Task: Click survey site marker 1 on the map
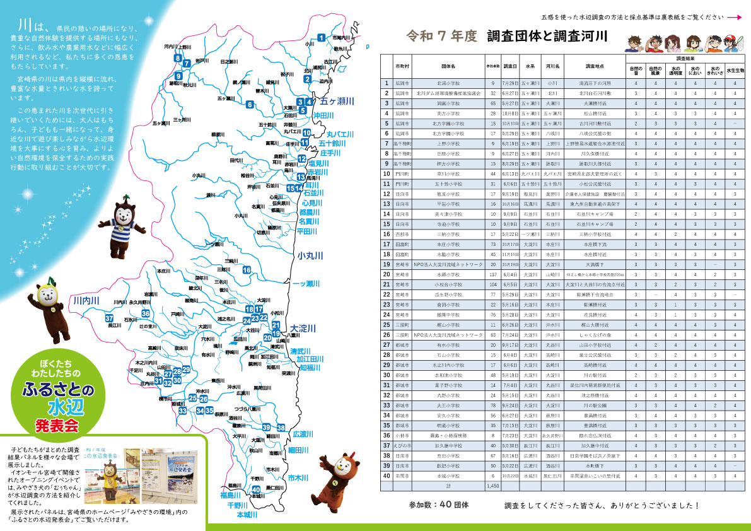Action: coord(322,37)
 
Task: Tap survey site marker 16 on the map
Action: coord(247,270)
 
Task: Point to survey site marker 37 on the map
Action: coord(110,318)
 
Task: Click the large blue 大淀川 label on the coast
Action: coord(302,328)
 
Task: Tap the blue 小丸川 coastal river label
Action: coord(310,255)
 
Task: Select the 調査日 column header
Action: coord(510,66)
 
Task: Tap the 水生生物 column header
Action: coord(735,70)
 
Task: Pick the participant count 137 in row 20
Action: coord(492,274)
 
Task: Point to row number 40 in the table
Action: coord(387,476)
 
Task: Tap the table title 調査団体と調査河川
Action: coord(547,36)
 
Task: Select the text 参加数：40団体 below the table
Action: coord(439,505)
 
